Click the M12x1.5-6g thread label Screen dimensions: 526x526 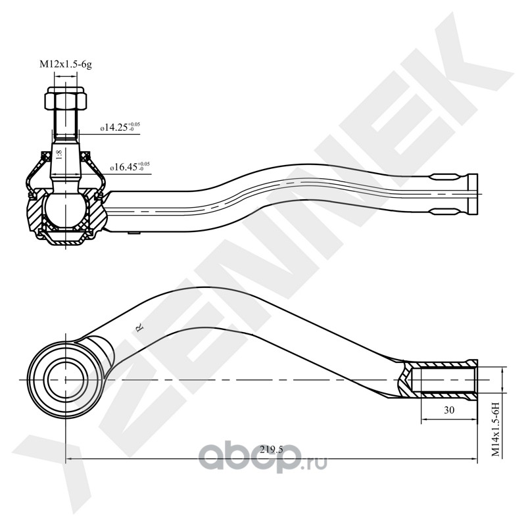point(65,64)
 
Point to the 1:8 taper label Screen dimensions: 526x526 point(59,156)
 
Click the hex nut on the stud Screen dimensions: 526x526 point(65,100)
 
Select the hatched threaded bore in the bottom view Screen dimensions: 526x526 point(441,379)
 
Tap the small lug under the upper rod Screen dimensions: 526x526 point(134,232)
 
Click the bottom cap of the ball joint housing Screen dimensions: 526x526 point(65,237)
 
